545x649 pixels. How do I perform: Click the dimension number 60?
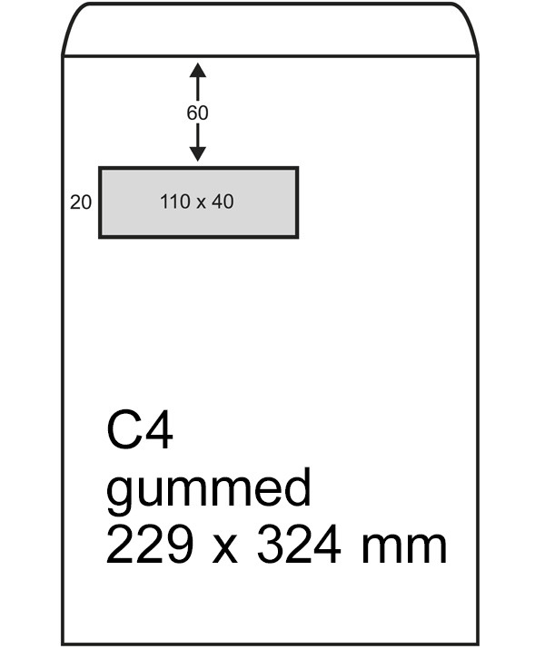[x=197, y=113]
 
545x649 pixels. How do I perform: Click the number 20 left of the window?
[x=81, y=202]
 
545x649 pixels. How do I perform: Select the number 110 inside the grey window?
[x=173, y=202]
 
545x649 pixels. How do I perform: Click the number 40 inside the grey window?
[x=223, y=202]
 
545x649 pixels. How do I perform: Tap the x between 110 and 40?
[x=200, y=202]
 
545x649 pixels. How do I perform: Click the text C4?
[x=140, y=431]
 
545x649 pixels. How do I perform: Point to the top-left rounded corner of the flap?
[x=73, y=20]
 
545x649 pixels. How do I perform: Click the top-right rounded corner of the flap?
[x=467, y=20]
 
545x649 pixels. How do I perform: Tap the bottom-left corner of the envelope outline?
[x=63, y=644]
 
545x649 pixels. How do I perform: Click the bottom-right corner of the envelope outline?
[x=477, y=644]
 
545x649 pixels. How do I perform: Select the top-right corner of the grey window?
[x=297, y=168]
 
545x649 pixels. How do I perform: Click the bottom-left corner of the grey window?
[x=100, y=237]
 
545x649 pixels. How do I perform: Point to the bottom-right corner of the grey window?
[x=297, y=237]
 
